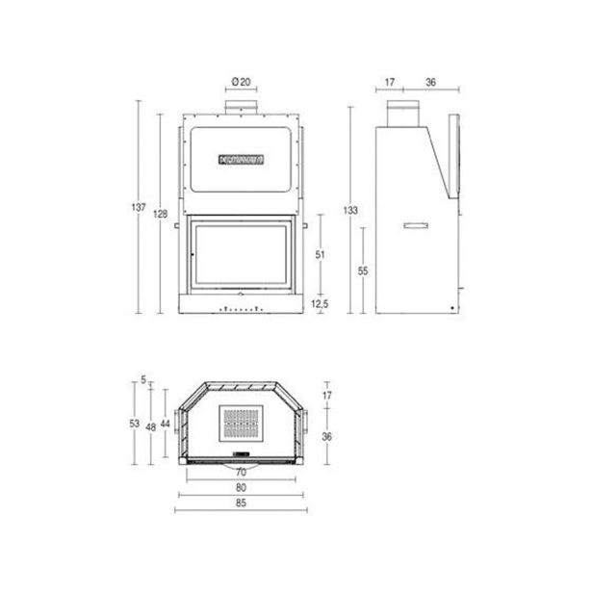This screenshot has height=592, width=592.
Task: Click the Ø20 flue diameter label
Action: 241,82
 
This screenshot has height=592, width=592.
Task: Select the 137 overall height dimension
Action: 139,207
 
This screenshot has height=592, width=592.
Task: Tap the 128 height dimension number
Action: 160,214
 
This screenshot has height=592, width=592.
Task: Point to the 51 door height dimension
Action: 320,255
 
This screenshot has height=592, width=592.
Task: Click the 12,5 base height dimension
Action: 320,303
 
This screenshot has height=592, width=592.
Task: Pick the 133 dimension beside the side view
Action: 350,210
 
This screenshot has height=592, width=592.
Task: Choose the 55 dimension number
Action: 363,270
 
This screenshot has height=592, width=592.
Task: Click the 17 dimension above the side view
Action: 390,82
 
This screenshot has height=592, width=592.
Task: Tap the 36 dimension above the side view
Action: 431,82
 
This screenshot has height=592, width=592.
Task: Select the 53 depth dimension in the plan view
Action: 135,424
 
